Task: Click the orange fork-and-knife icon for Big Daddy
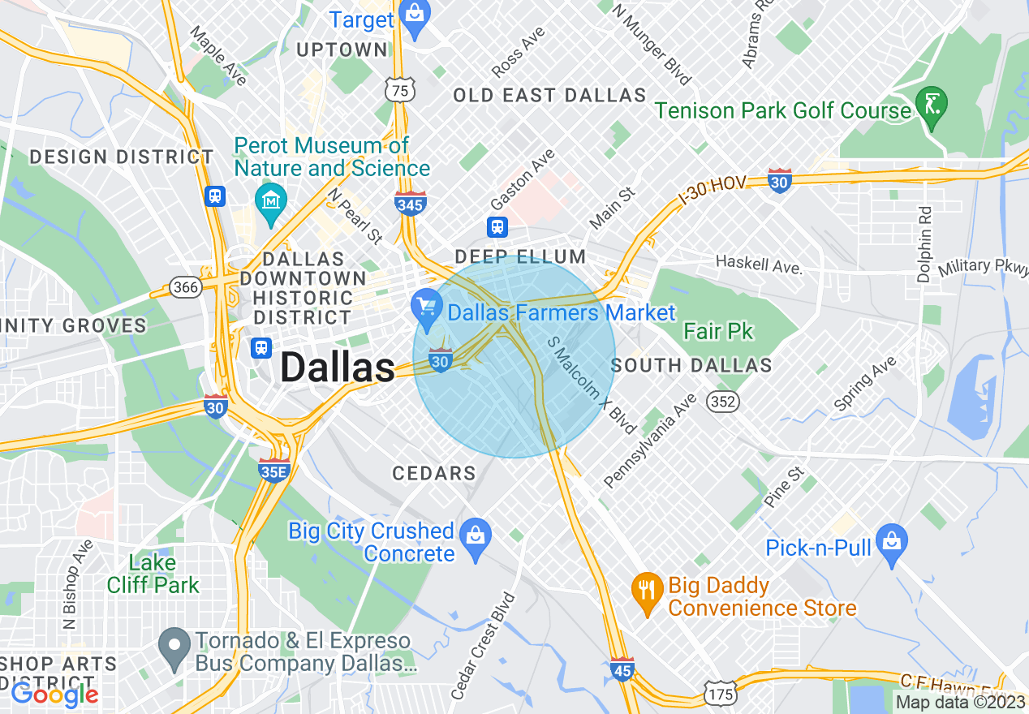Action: point(646,591)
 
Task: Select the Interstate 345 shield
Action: point(411,203)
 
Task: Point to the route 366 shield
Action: point(185,287)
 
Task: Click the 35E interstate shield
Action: point(274,470)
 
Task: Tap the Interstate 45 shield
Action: point(622,669)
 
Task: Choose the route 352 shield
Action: point(721,401)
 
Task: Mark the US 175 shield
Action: point(721,694)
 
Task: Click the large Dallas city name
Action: point(337,368)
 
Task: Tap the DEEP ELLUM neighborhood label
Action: point(520,257)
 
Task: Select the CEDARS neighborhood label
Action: point(434,473)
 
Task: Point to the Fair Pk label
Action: point(718,331)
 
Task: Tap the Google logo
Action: point(55,694)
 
